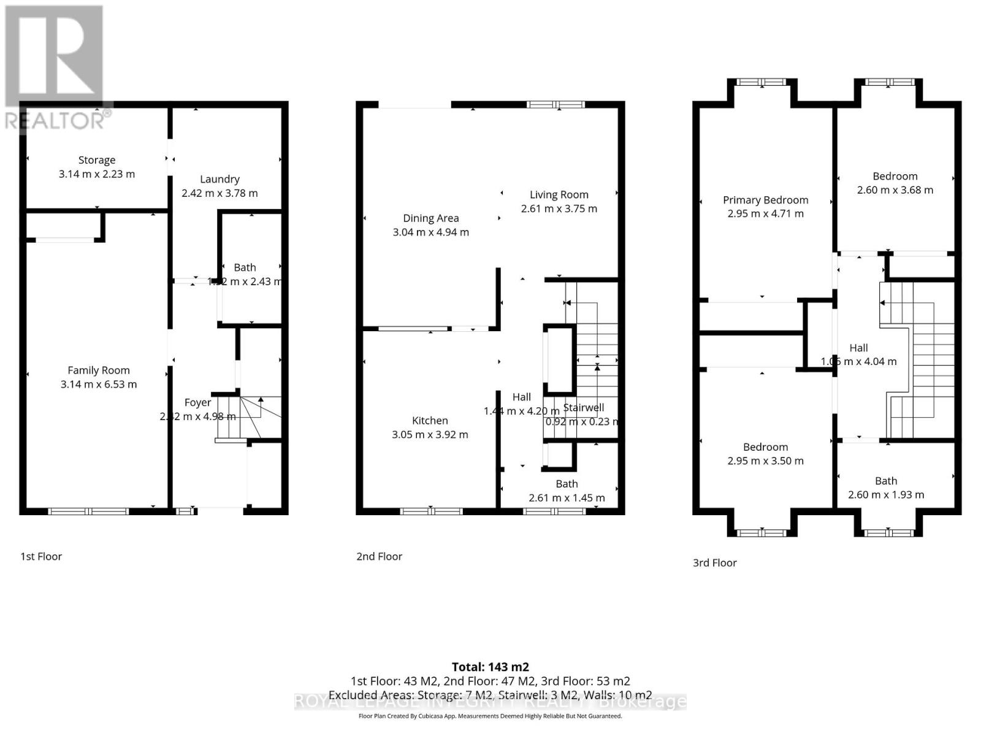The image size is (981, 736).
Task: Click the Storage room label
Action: pyautogui.click(x=96, y=160)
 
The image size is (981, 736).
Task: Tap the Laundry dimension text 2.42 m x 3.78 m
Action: pyautogui.click(x=219, y=193)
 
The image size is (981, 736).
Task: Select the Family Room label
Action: pyautogui.click(x=98, y=370)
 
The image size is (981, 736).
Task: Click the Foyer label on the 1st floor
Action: pyautogui.click(x=197, y=402)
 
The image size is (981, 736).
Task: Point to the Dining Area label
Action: pyautogui.click(x=430, y=218)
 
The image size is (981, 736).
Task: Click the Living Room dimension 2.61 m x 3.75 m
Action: pyautogui.click(x=559, y=209)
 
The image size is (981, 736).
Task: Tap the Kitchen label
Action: pyautogui.click(x=429, y=421)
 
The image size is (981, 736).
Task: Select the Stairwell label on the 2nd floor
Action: pyautogui.click(x=583, y=407)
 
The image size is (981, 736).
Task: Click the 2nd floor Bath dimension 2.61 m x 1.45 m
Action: pyautogui.click(x=566, y=498)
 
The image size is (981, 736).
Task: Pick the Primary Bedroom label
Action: pyautogui.click(x=765, y=200)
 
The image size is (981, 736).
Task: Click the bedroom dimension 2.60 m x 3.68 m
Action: pyautogui.click(x=895, y=190)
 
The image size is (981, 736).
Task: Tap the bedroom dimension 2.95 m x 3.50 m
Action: pyautogui.click(x=765, y=461)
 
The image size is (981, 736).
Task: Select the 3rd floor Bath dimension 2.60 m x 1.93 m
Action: pyautogui.click(x=885, y=495)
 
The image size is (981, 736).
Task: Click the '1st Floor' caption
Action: pyautogui.click(x=41, y=556)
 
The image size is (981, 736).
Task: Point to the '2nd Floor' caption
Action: pyautogui.click(x=379, y=556)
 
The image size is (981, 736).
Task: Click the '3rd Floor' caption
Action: pyautogui.click(x=714, y=562)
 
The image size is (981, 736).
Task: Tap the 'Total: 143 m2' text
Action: pyautogui.click(x=490, y=667)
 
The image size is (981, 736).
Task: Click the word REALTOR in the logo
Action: pyautogui.click(x=55, y=120)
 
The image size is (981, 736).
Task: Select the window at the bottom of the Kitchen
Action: pyautogui.click(x=431, y=511)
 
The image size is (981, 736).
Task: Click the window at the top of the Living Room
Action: pyautogui.click(x=556, y=105)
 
